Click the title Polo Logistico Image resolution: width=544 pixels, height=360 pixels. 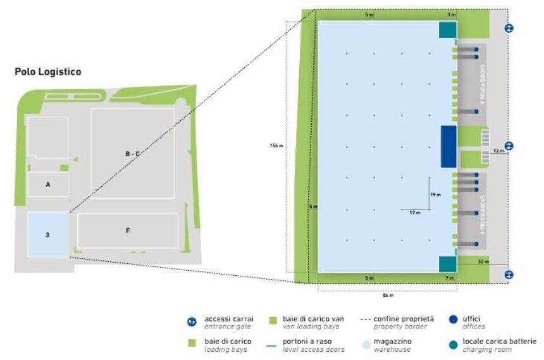point(47,72)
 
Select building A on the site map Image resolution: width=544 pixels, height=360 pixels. point(47,184)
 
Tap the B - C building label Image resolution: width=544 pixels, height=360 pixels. point(132,153)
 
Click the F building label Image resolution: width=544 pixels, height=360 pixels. point(127,230)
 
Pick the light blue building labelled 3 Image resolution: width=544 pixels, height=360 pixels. point(47,235)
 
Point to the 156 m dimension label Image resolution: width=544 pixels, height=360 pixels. point(276,146)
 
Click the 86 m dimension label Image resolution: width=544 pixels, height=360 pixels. point(388,295)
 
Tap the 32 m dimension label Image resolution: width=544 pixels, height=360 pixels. point(483,261)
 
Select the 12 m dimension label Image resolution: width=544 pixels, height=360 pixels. point(497,151)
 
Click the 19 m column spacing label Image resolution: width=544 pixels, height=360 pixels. point(435,195)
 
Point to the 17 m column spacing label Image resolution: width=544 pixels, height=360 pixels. point(414,213)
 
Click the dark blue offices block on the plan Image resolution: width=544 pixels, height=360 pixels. point(448,146)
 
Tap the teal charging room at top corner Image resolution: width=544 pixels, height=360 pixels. point(447,30)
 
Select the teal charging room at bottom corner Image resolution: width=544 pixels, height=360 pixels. point(447,264)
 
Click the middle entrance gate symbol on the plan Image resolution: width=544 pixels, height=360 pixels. point(509,146)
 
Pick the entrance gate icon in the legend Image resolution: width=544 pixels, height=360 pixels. point(193,322)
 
